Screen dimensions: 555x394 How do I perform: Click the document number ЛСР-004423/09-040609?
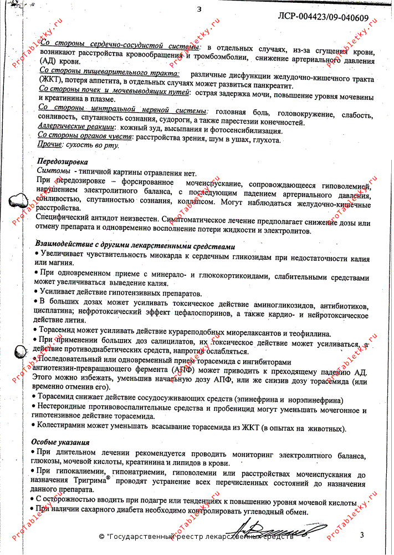click(x=323, y=17)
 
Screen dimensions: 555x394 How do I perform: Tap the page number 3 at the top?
click(x=199, y=8)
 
